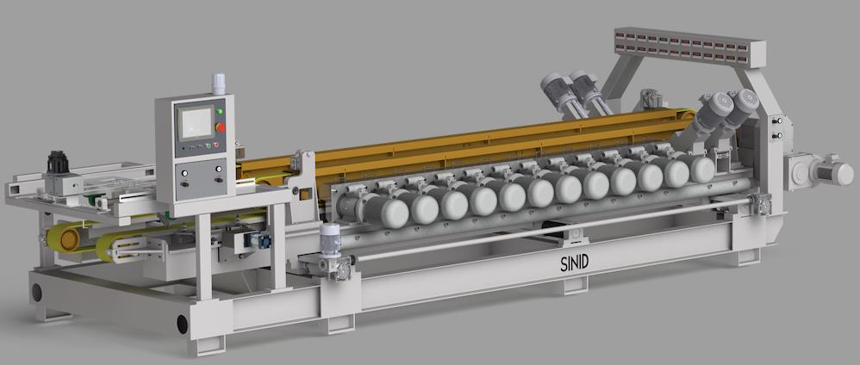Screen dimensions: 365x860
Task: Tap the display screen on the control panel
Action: pyautogui.click(x=195, y=122)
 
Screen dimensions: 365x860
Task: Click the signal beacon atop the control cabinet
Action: pyautogui.click(x=219, y=84)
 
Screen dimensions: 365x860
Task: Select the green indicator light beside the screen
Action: pyautogui.click(x=220, y=111)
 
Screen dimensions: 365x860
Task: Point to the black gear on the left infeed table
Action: pyautogui.click(x=58, y=163)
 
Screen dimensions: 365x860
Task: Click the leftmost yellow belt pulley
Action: pyautogui.click(x=64, y=236)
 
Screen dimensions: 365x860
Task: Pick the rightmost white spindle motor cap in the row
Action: pyautogui.click(x=701, y=170)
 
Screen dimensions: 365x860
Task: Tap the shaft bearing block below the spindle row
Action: pyautogui.click(x=570, y=232)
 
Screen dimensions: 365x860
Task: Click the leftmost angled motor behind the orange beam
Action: pyautogui.click(x=557, y=91)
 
